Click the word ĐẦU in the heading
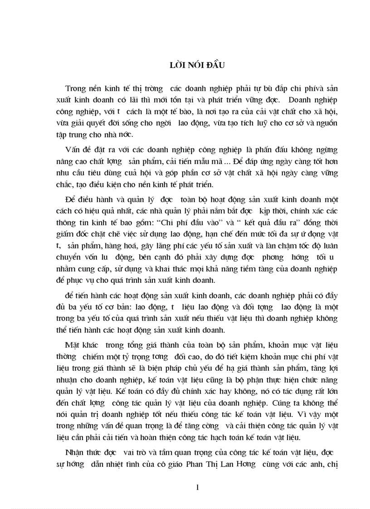click(x=215, y=65)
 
